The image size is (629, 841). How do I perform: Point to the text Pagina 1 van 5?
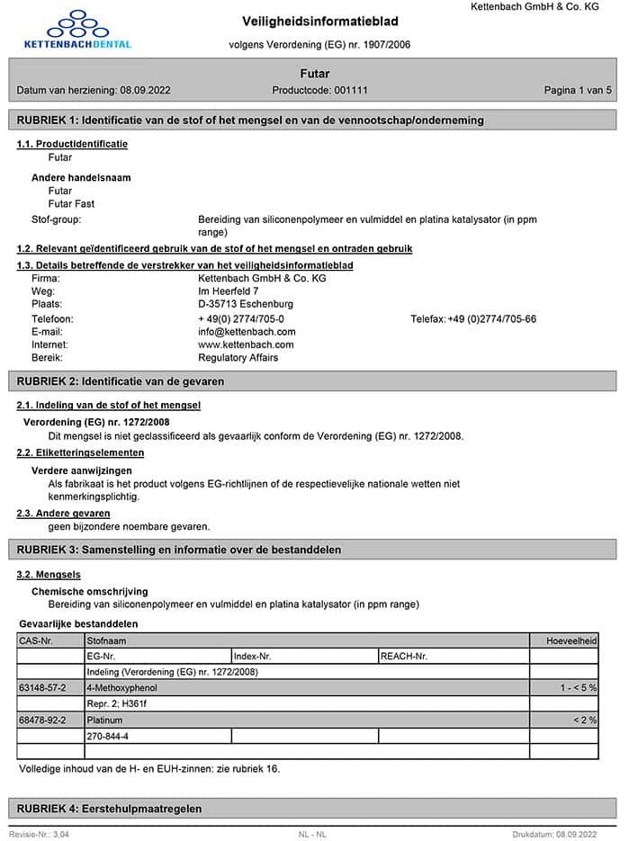click(x=578, y=91)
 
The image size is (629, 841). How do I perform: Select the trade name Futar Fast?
click(x=71, y=204)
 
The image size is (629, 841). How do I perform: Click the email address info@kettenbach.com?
click(x=247, y=332)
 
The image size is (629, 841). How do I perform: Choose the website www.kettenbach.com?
click(x=246, y=344)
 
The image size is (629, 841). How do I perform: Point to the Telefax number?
click(x=473, y=319)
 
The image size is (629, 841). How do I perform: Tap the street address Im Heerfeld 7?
click(x=229, y=291)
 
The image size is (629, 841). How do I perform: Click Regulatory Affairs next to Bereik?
click(x=238, y=358)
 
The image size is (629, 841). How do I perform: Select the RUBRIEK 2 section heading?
click(x=121, y=381)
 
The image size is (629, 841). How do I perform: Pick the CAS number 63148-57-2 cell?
click(x=42, y=688)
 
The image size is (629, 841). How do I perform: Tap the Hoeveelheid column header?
click(x=572, y=640)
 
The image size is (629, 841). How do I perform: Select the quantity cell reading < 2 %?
click(x=585, y=720)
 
